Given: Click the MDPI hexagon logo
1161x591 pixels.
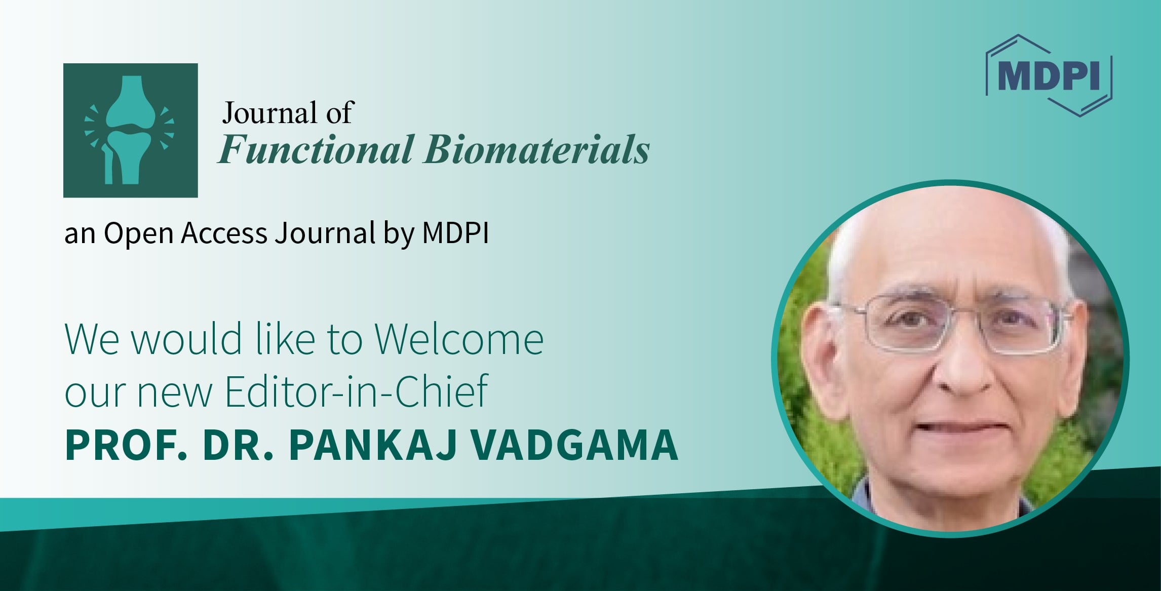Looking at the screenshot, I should (1049, 76).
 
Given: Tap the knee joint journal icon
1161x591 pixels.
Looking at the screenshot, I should (130, 130).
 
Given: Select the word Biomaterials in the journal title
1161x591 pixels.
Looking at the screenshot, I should (536, 150).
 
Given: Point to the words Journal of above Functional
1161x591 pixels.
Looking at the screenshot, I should (287, 112).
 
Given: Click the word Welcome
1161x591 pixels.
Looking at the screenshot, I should (459, 339).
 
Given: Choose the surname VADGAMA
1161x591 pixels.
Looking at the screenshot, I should (574, 445).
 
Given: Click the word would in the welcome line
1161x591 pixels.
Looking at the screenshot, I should (186, 339).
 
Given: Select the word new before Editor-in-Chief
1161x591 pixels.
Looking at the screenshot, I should (174, 392).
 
